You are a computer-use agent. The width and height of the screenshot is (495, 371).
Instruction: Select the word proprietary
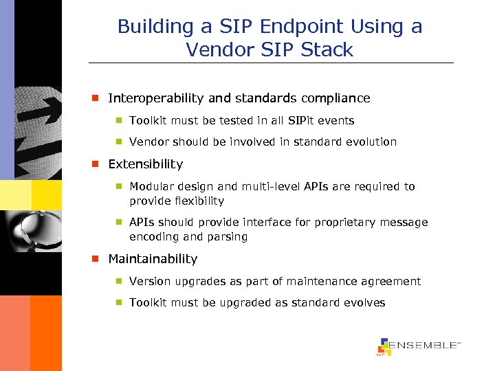click(x=338, y=223)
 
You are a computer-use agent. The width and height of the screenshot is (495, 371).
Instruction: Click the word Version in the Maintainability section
click(x=149, y=282)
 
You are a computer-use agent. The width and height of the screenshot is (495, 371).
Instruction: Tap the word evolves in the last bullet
click(x=364, y=303)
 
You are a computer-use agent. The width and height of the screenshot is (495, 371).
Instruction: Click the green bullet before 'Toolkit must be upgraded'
click(x=119, y=303)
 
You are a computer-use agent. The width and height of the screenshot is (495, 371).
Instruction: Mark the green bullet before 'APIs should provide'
click(x=119, y=223)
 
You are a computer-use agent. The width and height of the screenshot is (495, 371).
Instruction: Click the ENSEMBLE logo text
click(x=425, y=345)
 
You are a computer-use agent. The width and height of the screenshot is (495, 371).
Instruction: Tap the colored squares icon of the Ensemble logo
click(x=384, y=346)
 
